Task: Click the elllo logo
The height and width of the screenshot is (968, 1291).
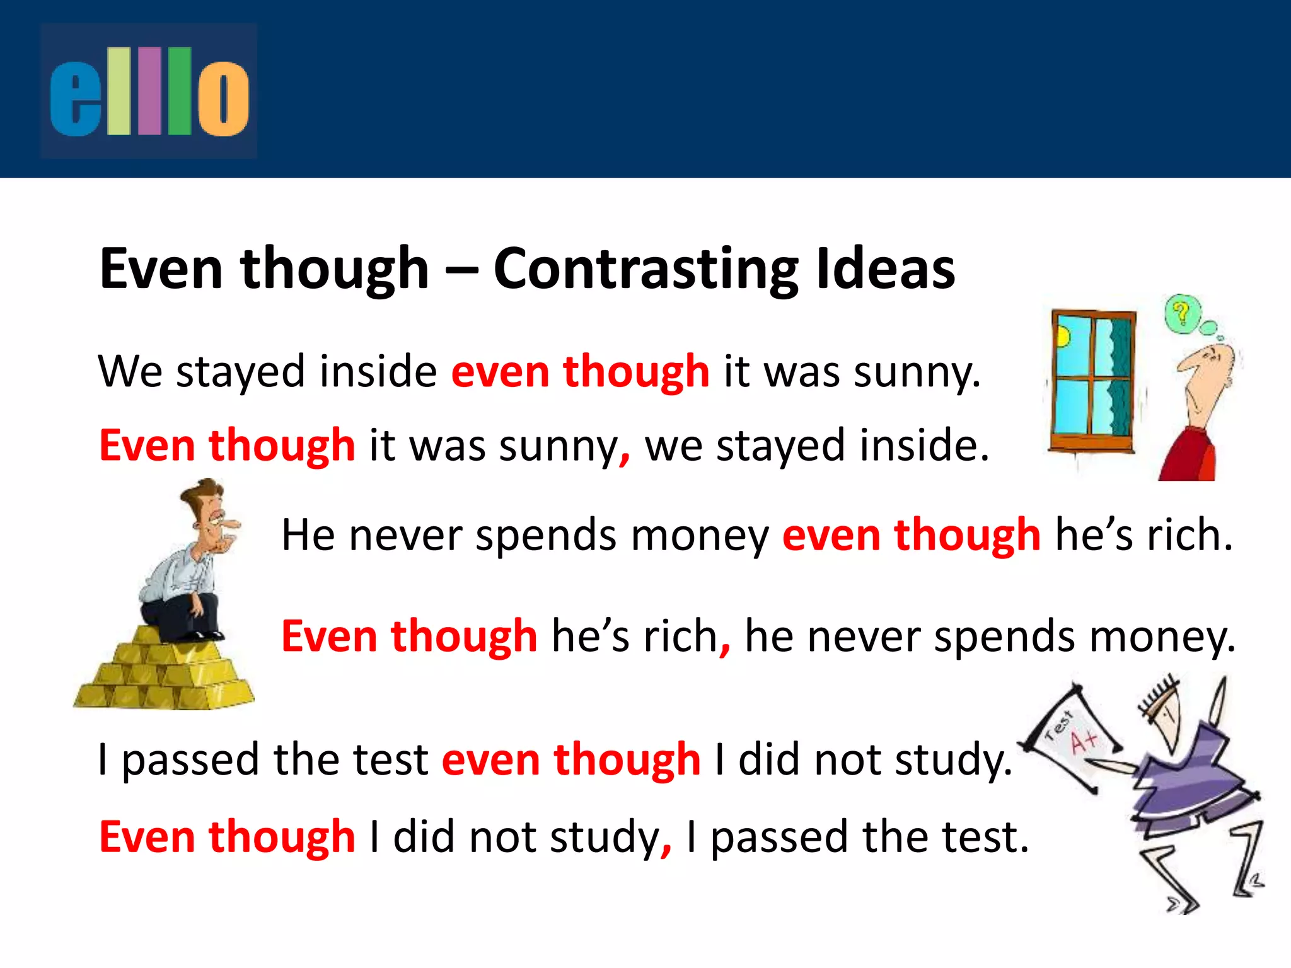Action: pos(149,91)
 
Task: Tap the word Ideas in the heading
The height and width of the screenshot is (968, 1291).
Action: pos(885,269)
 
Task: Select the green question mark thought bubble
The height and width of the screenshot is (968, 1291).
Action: pos(1182,313)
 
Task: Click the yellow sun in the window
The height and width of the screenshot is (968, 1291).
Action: pos(1063,337)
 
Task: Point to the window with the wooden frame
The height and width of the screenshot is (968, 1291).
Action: pos(1092,381)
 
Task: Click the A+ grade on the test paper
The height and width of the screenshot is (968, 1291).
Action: pos(1084,742)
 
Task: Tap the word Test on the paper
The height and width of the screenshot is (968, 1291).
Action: pos(1058,725)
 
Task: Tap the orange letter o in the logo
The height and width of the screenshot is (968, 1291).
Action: pos(223,100)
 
